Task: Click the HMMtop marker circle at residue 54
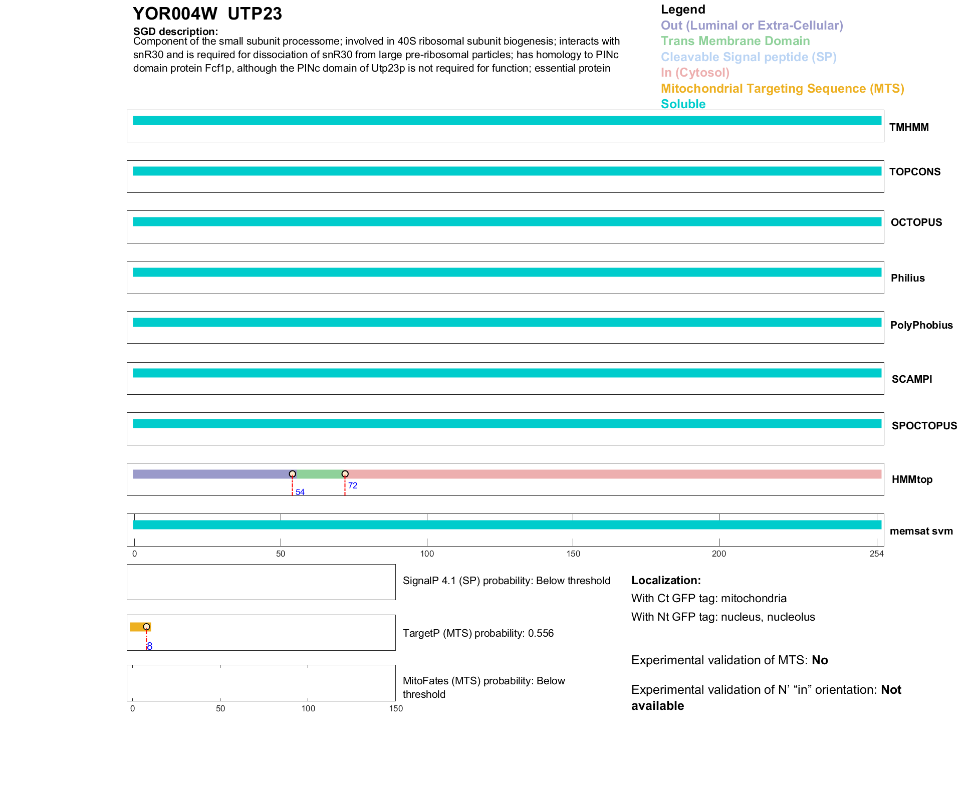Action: click(x=292, y=474)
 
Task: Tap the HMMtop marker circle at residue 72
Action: click(x=345, y=474)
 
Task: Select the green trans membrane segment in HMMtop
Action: click(x=320, y=474)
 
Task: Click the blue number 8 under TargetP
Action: click(x=150, y=646)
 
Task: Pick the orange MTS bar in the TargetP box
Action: click(x=137, y=627)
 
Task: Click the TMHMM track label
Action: click(x=909, y=127)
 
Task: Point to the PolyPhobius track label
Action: click(x=921, y=325)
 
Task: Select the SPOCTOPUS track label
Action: click(x=924, y=426)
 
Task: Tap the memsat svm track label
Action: click(x=921, y=531)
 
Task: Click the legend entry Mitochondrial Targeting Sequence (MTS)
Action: click(x=782, y=89)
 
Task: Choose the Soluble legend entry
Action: click(x=683, y=104)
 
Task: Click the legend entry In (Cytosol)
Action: click(x=695, y=73)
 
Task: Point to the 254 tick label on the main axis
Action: click(x=876, y=554)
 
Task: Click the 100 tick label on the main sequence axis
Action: click(x=427, y=554)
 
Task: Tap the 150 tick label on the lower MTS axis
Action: click(x=396, y=708)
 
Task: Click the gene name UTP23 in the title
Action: click(x=255, y=14)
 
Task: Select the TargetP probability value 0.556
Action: click(x=541, y=633)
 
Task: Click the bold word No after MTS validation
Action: click(x=820, y=660)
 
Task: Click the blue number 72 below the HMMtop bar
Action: click(x=353, y=485)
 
